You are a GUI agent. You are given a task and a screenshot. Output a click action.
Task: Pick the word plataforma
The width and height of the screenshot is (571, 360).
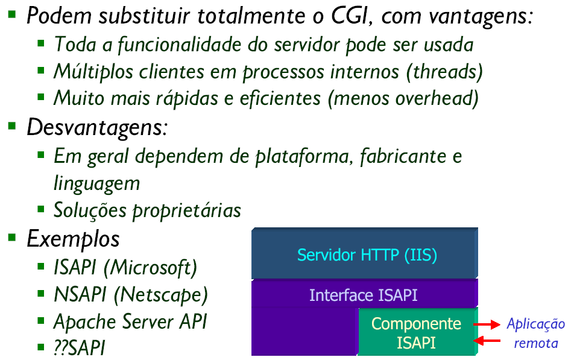[304, 157]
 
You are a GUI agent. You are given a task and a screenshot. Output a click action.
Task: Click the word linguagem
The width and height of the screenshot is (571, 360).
[96, 184]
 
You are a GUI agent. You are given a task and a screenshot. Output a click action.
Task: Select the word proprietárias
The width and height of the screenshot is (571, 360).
[186, 210]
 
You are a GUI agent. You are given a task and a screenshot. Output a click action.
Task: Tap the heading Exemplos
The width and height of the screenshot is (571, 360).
[73, 240]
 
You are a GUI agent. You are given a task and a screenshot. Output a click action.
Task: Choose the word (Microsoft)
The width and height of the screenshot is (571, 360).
[150, 268]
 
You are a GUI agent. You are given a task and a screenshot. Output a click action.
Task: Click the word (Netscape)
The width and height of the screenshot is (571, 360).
[160, 295]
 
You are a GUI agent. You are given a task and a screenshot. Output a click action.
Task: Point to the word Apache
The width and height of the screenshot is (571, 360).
[86, 322]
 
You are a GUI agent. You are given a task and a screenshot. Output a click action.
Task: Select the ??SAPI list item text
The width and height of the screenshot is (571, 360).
[80, 347]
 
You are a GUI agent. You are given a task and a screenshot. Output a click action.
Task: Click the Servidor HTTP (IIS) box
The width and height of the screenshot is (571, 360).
[365, 253]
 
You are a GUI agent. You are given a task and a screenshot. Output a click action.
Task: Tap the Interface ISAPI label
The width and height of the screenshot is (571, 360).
[364, 295]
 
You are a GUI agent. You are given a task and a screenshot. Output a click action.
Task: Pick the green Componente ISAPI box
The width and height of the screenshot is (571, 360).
[418, 332]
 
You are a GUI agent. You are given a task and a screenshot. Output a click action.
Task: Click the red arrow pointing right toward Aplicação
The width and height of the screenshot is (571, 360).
[487, 324]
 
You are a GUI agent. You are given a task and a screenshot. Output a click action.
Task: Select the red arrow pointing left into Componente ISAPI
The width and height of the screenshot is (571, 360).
[487, 341]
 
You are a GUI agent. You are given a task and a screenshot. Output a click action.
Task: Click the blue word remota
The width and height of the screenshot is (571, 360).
[535, 343]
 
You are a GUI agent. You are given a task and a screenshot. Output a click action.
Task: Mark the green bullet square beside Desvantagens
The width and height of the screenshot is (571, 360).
[12, 125]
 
